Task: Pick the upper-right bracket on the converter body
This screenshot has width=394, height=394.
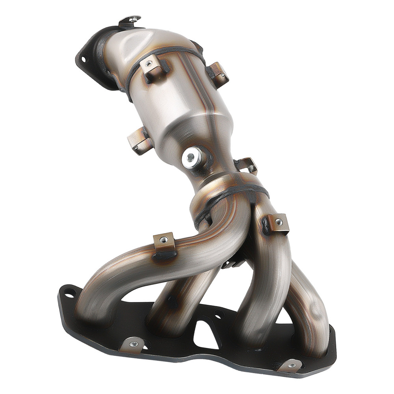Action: pyautogui.click(x=219, y=73)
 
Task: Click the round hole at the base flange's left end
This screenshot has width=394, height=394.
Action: pyautogui.click(x=70, y=292)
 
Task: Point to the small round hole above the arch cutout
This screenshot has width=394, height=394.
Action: pyautogui.click(x=218, y=314)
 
